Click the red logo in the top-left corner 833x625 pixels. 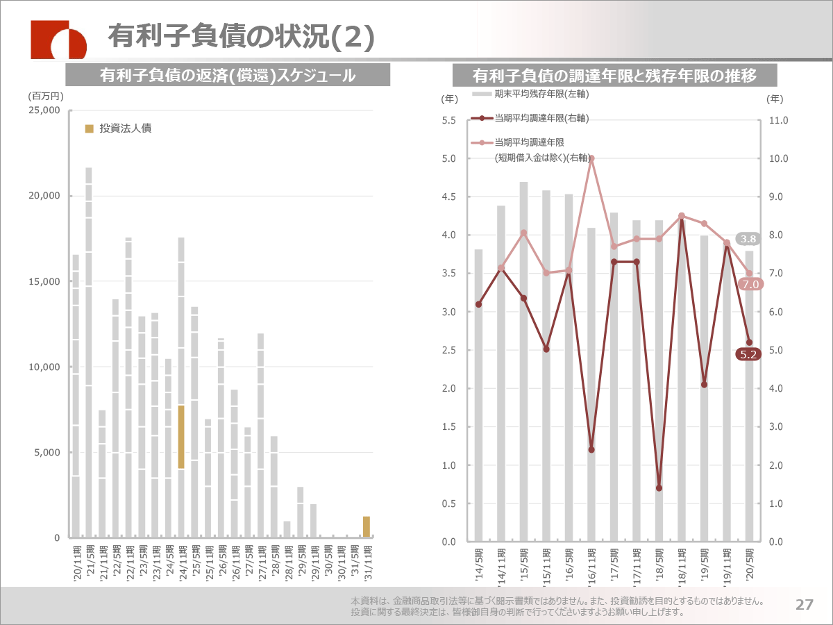58,40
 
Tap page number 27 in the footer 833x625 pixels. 804,604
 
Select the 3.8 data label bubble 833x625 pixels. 748,239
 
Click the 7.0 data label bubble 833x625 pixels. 749,284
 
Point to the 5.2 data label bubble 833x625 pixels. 749,354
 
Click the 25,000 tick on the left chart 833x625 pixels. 44,110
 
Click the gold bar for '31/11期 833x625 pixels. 367,526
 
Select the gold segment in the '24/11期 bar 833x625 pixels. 181,437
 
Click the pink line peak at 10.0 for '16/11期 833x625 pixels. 591,158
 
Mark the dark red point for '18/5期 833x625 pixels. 659,488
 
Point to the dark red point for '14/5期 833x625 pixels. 478,304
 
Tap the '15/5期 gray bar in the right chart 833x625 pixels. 523,361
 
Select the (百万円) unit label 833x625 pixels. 46,96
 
